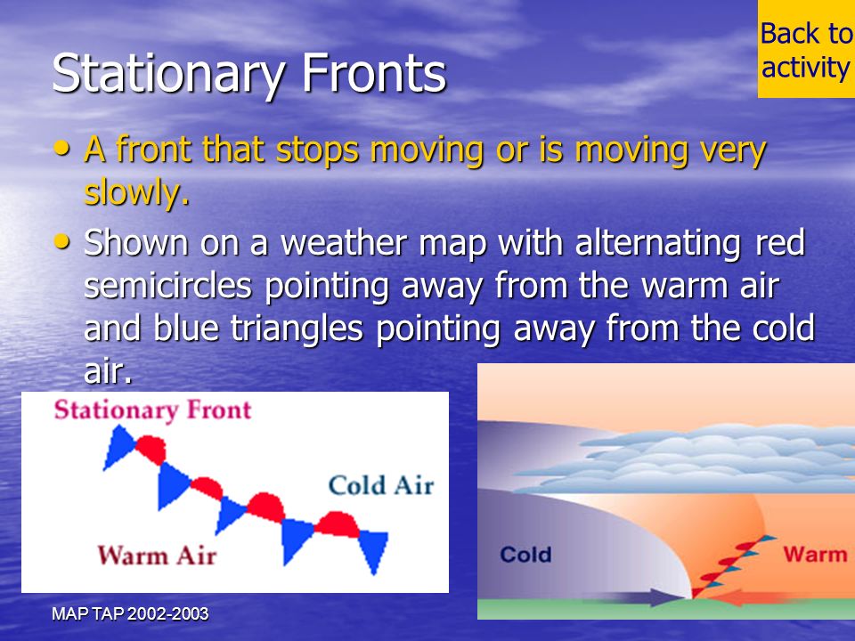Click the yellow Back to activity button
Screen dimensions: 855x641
pyautogui.click(x=807, y=49)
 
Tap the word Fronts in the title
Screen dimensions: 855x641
pyautogui.click(x=374, y=73)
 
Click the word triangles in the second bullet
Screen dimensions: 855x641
pyautogui.click(x=296, y=329)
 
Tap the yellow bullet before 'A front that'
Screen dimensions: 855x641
pyautogui.click(x=62, y=148)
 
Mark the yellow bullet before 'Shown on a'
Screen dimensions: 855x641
pyautogui.click(x=62, y=241)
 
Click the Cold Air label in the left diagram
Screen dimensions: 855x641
pyautogui.click(x=381, y=485)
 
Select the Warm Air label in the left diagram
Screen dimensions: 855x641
pyautogui.click(x=157, y=556)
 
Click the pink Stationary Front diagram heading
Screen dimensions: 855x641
pyautogui.click(x=152, y=410)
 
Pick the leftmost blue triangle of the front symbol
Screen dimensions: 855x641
pyautogui.click(x=118, y=447)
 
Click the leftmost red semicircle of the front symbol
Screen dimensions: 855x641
pyautogui.click(x=151, y=449)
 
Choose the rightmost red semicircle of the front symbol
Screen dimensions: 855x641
pyautogui.click(x=337, y=524)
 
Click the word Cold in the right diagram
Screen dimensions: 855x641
pyautogui.click(x=525, y=555)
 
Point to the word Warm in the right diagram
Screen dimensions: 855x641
pyautogui.click(x=815, y=554)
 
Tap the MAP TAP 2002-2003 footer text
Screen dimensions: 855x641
pyautogui.click(x=130, y=613)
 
